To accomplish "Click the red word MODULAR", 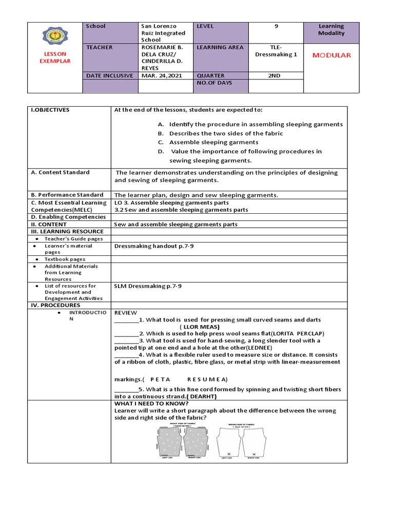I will point(332,55).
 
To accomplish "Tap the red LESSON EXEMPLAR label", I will point(54,57).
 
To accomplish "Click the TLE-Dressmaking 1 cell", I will point(275,51).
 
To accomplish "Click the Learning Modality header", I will point(331,30).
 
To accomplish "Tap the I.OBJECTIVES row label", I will point(50,110).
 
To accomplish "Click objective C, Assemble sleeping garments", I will point(213,142).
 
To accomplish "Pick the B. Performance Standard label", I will point(67,195).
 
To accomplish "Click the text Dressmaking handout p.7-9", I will point(154,246).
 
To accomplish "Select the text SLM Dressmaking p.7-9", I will point(148,286).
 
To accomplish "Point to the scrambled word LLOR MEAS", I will point(200,327).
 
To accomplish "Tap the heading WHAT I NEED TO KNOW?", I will point(151,403).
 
